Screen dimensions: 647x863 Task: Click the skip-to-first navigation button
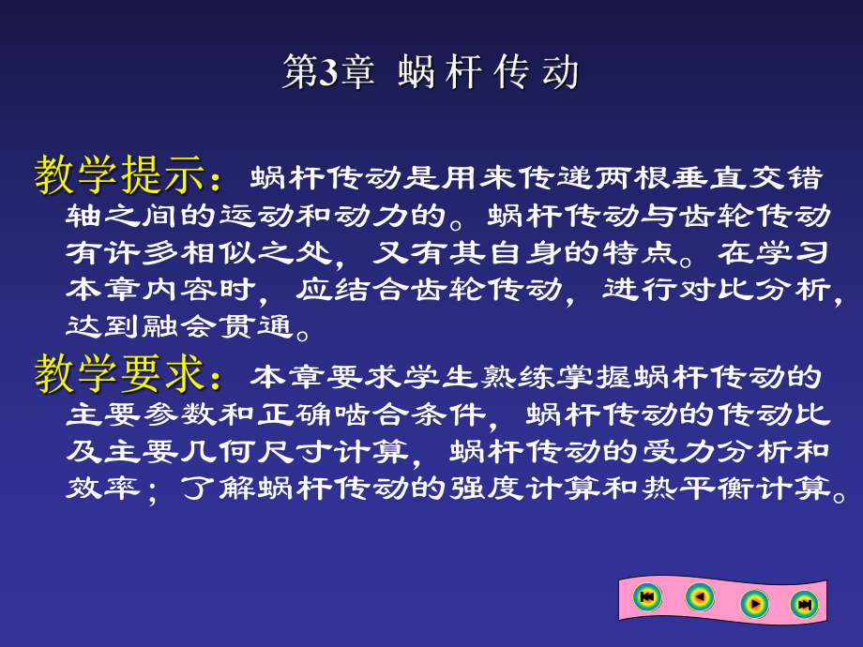(x=646, y=596)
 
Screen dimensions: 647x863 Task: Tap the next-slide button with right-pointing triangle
(x=753, y=604)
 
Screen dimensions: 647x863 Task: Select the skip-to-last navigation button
(x=804, y=605)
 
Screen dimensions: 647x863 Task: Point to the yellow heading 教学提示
(x=119, y=175)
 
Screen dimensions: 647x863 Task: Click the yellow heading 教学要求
(x=119, y=375)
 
